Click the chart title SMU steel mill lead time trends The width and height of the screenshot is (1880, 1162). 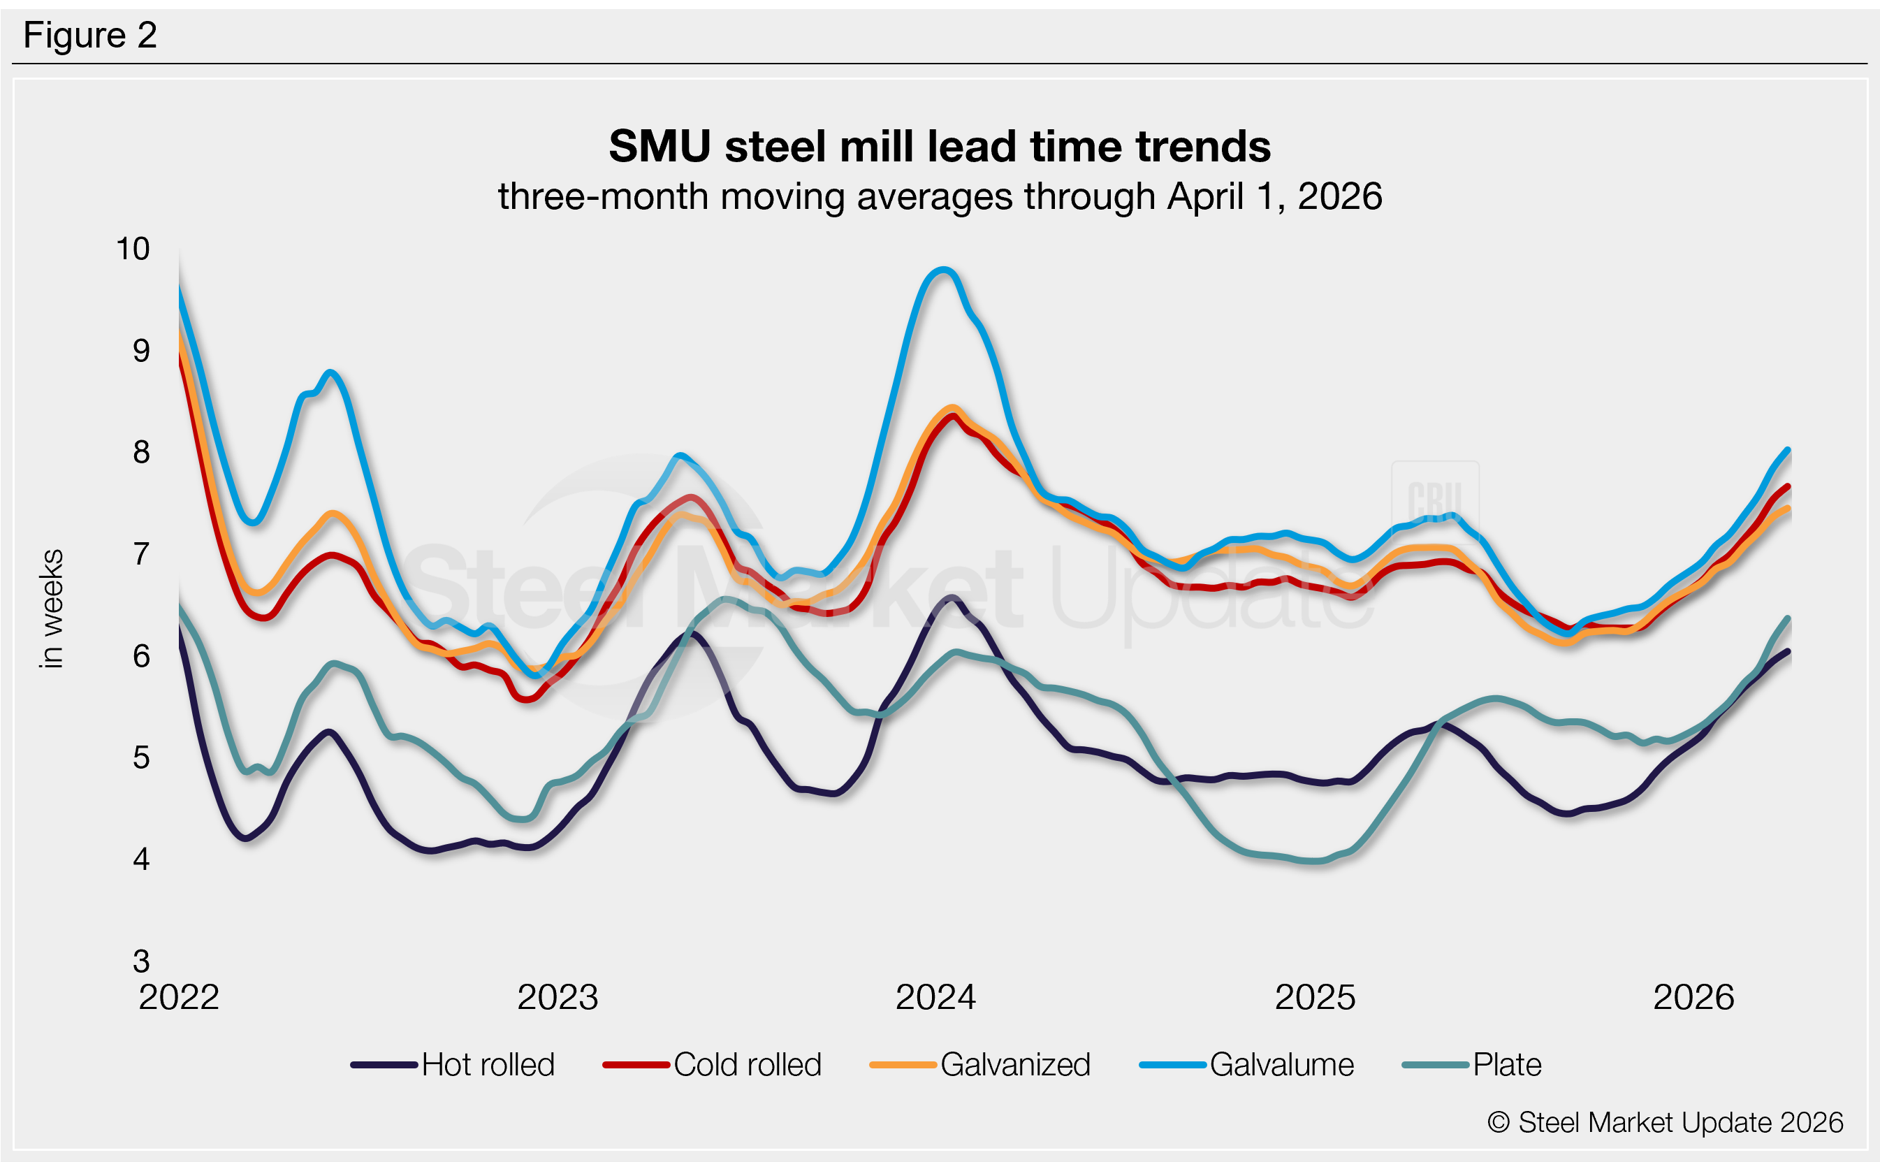pos(939,146)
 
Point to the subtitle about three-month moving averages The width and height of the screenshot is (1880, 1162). pos(939,197)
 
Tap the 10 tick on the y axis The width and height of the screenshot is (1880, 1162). pos(132,249)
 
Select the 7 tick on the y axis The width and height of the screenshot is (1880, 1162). pos(141,554)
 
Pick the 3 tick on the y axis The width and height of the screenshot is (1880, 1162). pos(141,961)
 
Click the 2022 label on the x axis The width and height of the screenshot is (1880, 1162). pos(179,998)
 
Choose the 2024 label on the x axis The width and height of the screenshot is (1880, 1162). pos(935,998)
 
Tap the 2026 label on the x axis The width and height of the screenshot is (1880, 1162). pos(1693,998)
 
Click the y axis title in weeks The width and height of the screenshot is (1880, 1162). pos(52,609)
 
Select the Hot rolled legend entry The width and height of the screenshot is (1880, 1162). pos(453,1065)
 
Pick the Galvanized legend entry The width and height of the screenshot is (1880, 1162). pos(979,1065)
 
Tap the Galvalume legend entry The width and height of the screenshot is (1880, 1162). pos(1246,1065)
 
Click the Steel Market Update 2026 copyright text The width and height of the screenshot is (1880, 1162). pos(1665,1123)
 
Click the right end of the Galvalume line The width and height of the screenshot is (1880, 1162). pos(1788,449)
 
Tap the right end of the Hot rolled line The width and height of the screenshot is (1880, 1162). pos(1788,652)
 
